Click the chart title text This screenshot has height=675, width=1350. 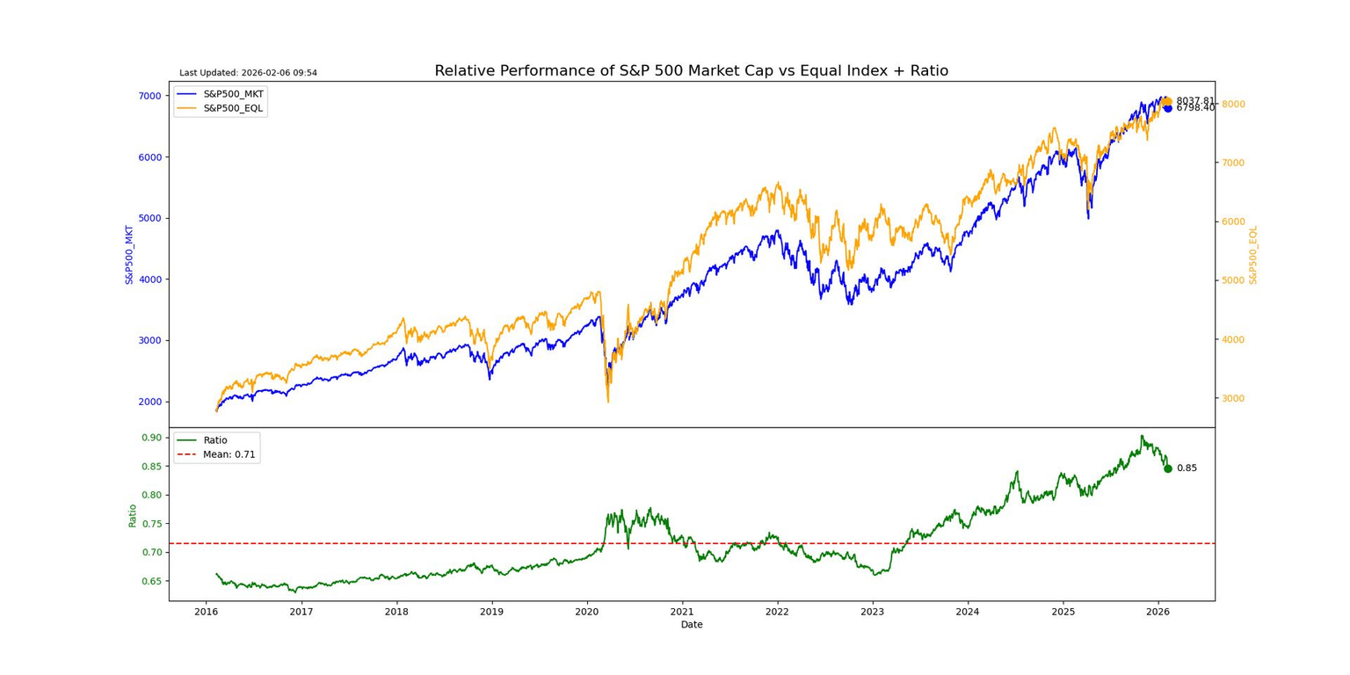[x=691, y=71]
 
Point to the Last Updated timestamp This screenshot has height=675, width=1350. [x=248, y=73]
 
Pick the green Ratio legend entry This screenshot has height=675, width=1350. [x=214, y=440]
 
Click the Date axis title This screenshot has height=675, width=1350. [x=692, y=625]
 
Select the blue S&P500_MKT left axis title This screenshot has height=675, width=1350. [x=129, y=254]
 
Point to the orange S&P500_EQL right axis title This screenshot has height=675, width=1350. [x=1253, y=254]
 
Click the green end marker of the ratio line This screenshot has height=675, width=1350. [x=1168, y=468]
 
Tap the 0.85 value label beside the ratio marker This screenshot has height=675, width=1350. [x=1187, y=468]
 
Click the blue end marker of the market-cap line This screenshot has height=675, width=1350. [x=1168, y=108]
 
